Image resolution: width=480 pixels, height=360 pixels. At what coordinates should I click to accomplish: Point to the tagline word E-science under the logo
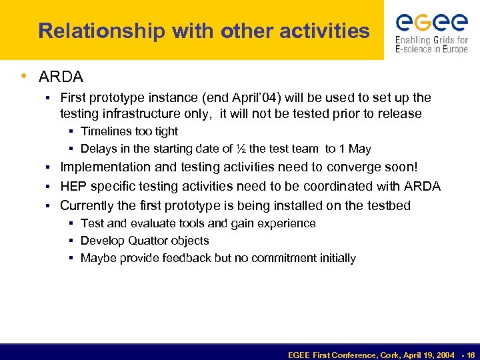(417, 49)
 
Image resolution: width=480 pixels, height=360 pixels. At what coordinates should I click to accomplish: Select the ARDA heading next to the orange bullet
(61, 77)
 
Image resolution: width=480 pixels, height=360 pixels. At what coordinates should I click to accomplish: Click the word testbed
(388, 205)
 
